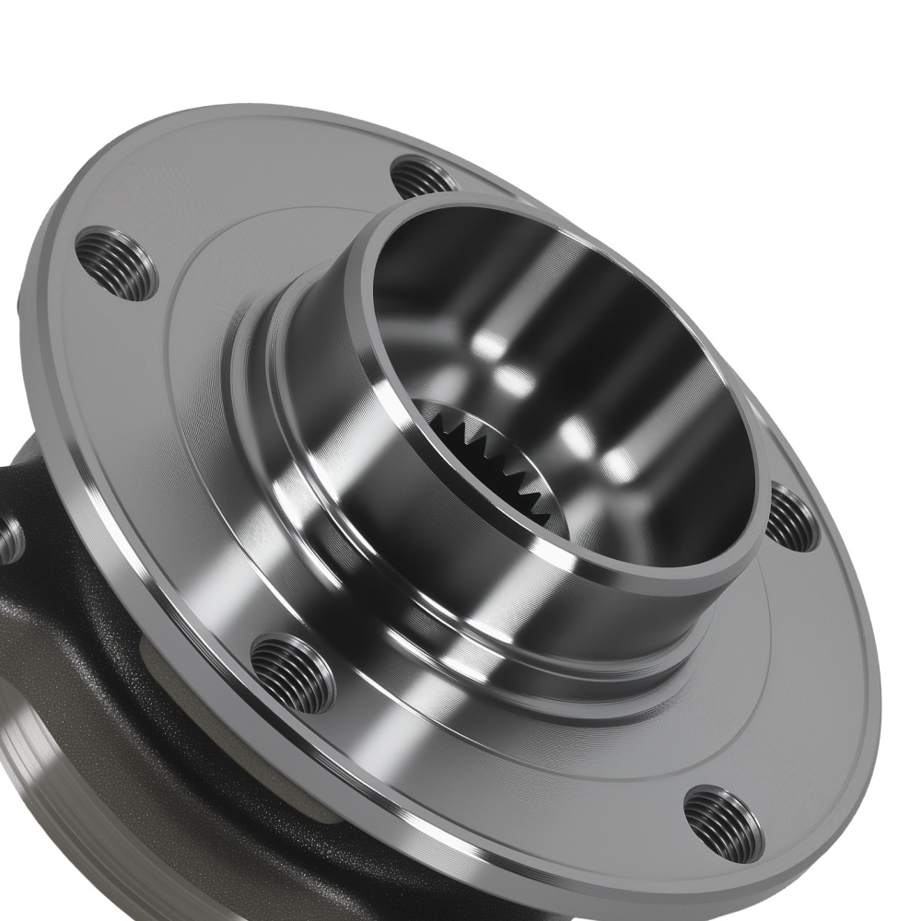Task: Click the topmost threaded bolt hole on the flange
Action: [x=424, y=177]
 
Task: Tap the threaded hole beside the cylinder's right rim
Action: [x=791, y=518]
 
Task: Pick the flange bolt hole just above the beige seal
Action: [x=292, y=673]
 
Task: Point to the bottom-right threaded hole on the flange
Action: [x=723, y=823]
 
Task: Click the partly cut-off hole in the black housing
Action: [x=9, y=540]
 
